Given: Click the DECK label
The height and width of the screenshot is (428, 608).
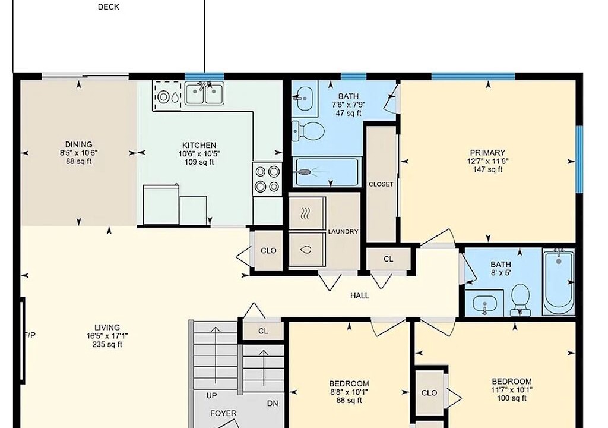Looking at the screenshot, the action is coord(109,7).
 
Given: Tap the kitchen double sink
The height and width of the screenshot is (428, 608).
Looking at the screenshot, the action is coord(204,93).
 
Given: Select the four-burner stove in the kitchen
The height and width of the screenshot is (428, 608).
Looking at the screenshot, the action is coord(267,179).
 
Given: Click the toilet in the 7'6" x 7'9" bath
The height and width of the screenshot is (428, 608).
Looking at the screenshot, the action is coord(308,131).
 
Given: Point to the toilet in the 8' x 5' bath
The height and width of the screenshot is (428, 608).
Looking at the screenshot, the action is coord(520,300).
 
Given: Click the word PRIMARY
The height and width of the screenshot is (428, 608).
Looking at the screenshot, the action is coord(487,153).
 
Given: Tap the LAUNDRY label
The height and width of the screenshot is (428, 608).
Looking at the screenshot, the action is coord(343,231).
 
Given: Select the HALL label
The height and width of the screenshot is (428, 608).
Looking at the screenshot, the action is coord(359,295).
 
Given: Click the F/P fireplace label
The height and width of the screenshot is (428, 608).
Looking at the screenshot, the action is coord(30,335).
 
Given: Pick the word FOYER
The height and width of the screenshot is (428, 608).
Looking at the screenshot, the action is coord(223,413).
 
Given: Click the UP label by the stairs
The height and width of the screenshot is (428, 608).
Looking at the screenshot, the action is coord(211,395).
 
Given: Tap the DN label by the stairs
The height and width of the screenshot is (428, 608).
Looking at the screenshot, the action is coord(273,404).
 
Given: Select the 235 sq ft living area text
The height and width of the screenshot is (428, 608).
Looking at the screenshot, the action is coord(107,345).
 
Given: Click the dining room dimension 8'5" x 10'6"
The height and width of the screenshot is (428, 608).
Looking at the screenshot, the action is coord(79,153).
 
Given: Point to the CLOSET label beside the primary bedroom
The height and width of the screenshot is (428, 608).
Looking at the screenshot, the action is coord(381,184).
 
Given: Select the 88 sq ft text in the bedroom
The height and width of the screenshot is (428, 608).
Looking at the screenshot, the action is coord(349,401).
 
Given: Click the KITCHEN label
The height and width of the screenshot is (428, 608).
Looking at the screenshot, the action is coord(199,145).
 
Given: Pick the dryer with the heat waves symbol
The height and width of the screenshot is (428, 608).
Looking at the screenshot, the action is coord(306,213).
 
